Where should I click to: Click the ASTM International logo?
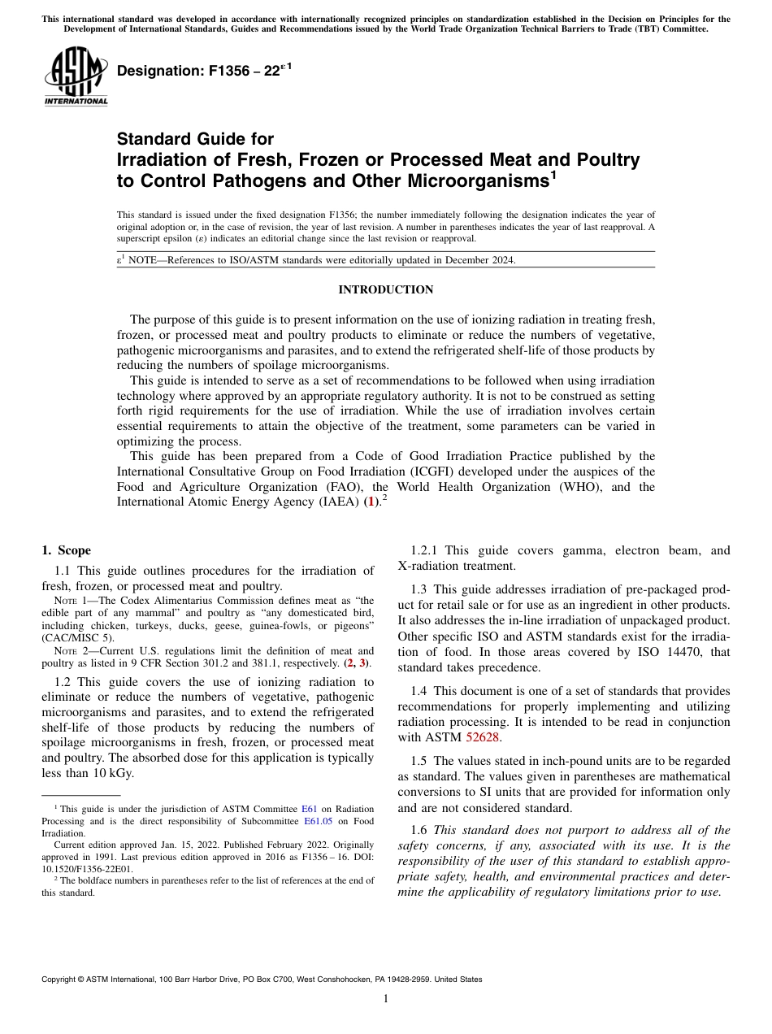(76, 76)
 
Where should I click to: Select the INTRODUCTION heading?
(385, 290)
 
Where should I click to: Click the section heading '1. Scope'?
(67, 550)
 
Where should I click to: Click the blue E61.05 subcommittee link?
(323, 821)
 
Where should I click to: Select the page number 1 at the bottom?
(385, 999)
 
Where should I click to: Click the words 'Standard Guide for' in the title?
(195, 139)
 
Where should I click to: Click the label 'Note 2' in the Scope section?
(68, 651)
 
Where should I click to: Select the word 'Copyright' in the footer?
(63, 980)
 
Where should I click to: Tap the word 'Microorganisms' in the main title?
(464, 180)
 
